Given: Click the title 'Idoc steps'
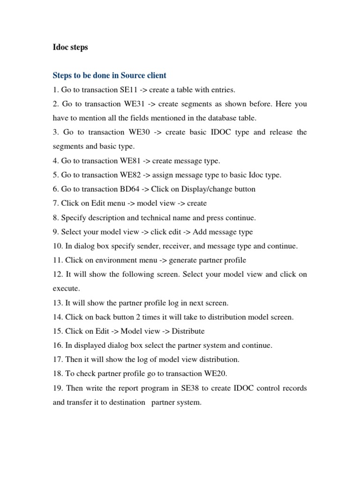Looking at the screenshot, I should pos(70,47).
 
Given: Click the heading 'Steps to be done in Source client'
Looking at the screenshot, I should pos(110,75).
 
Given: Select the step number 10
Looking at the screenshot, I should pos(57,246).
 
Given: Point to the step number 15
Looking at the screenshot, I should pos(57,331).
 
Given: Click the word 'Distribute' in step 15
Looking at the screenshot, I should pos(188,331).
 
